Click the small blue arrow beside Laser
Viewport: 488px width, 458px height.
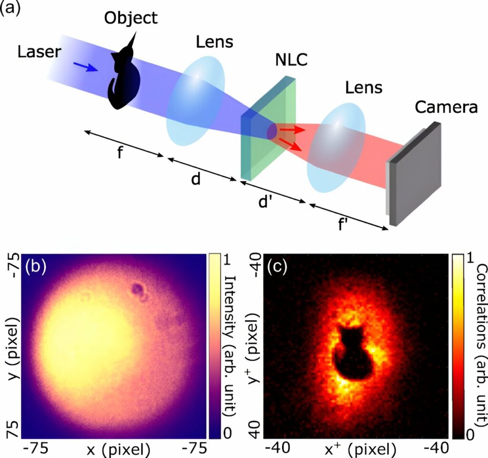[x=86, y=67]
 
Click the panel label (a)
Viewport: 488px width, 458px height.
[x=11, y=9]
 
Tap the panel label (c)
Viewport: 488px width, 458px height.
[x=276, y=267]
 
